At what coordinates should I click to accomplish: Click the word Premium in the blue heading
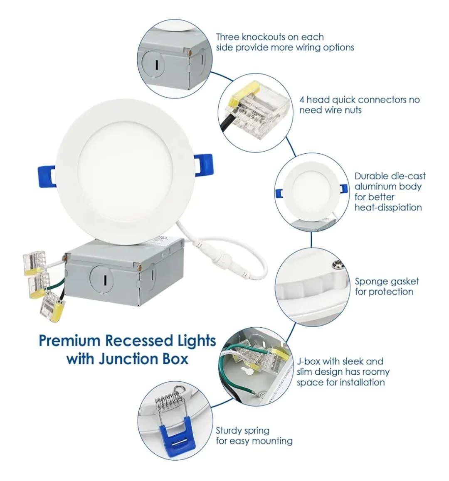tap(69, 341)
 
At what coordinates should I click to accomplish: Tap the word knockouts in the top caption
tap(260, 37)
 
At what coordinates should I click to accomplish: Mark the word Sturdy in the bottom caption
tap(230, 430)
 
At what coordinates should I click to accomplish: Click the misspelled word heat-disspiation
tap(388, 207)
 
